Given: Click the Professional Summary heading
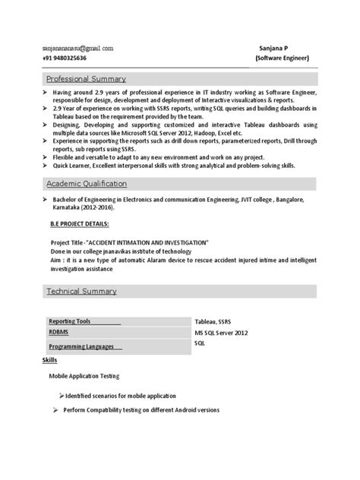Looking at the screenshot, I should (x=87, y=79).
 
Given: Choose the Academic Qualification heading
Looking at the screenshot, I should (x=87, y=184).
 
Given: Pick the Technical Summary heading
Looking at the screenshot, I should (x=81, y=291).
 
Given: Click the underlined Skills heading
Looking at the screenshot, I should (x=49, y=359).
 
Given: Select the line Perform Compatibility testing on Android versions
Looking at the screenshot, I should (x=141, y=410).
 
